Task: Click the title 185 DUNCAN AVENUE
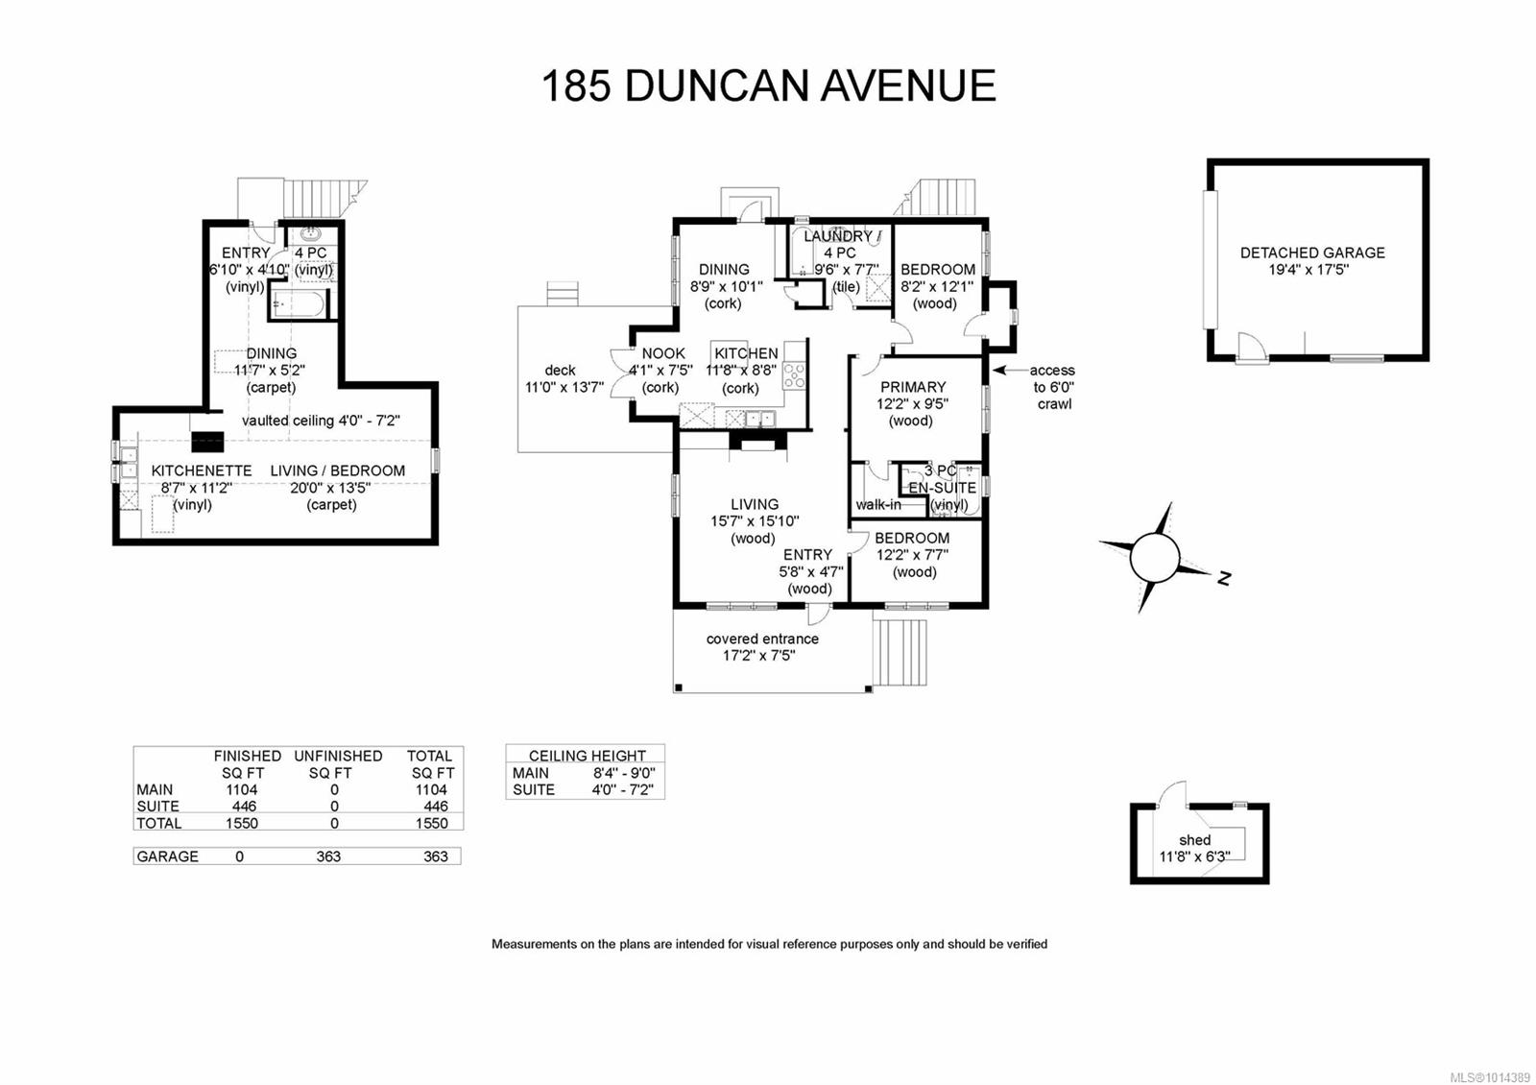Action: [x=768, y=85]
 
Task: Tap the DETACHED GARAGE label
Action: [x=1311, y=253]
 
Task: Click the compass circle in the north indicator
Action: [x=1154, y=558]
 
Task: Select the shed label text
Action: [x=1194, y=840]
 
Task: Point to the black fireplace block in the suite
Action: [x=207, y=442]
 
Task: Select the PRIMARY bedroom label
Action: [x=912, y=387]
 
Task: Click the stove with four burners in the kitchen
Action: [x=794, y=375]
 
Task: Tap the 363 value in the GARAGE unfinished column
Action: [x=328, y=856]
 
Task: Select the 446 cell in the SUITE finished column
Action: [x=244, y=807]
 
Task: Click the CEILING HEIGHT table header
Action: [x=587, y=756]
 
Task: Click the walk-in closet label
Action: [x=877, y=504]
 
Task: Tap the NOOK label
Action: [x=662, y=353]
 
